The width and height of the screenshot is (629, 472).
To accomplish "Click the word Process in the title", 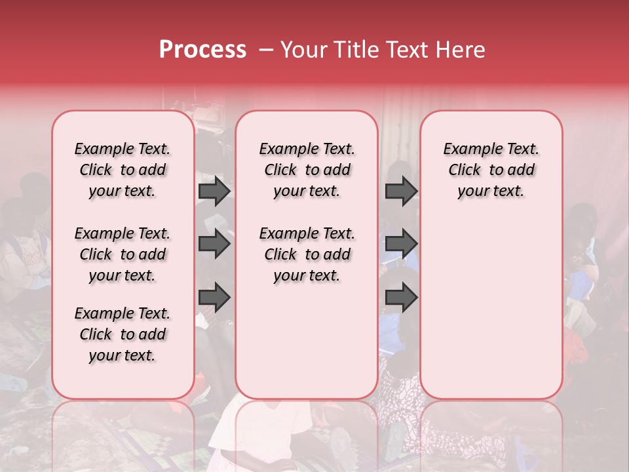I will [202, 50].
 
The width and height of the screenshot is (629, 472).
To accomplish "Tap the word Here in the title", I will [461, 50].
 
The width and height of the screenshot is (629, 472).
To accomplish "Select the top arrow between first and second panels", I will [214, 191].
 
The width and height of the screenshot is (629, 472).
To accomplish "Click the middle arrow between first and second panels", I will [214, 245].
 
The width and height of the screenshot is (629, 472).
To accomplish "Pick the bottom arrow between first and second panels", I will [214, 298].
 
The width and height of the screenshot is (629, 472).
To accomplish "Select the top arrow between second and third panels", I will [401, 191].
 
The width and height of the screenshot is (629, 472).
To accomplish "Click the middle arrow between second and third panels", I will [401, 245].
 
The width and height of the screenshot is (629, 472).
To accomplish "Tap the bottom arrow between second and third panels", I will [401, 298].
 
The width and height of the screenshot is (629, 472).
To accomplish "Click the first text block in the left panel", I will [123, 170].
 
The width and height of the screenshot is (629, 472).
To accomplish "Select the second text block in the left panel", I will [123, 254].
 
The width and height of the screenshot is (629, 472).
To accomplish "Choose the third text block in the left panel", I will [123, 334].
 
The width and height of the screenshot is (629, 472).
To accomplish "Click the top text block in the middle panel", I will [307, 170].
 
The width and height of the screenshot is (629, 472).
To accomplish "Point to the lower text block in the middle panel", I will [307, 254].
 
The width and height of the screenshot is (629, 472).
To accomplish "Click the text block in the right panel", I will [491, 170].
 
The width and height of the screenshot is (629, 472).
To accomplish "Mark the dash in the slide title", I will [266, 50].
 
